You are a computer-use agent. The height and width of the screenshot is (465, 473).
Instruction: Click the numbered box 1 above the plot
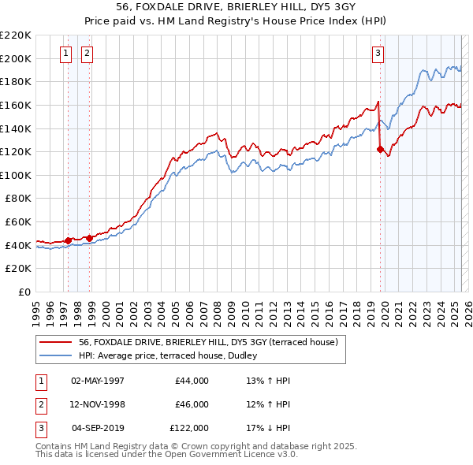(65, 54)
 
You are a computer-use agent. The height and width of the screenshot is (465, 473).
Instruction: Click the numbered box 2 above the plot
(86, 54)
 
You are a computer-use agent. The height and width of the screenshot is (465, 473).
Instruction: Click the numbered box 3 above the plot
(378, 54)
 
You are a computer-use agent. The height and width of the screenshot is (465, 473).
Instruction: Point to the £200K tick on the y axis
(17, 58)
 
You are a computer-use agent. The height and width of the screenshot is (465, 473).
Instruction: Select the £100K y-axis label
(17, 175)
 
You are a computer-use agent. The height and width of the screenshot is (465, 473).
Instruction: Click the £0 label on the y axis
(25, 292)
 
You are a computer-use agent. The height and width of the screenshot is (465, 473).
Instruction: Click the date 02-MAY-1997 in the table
(98, 381)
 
